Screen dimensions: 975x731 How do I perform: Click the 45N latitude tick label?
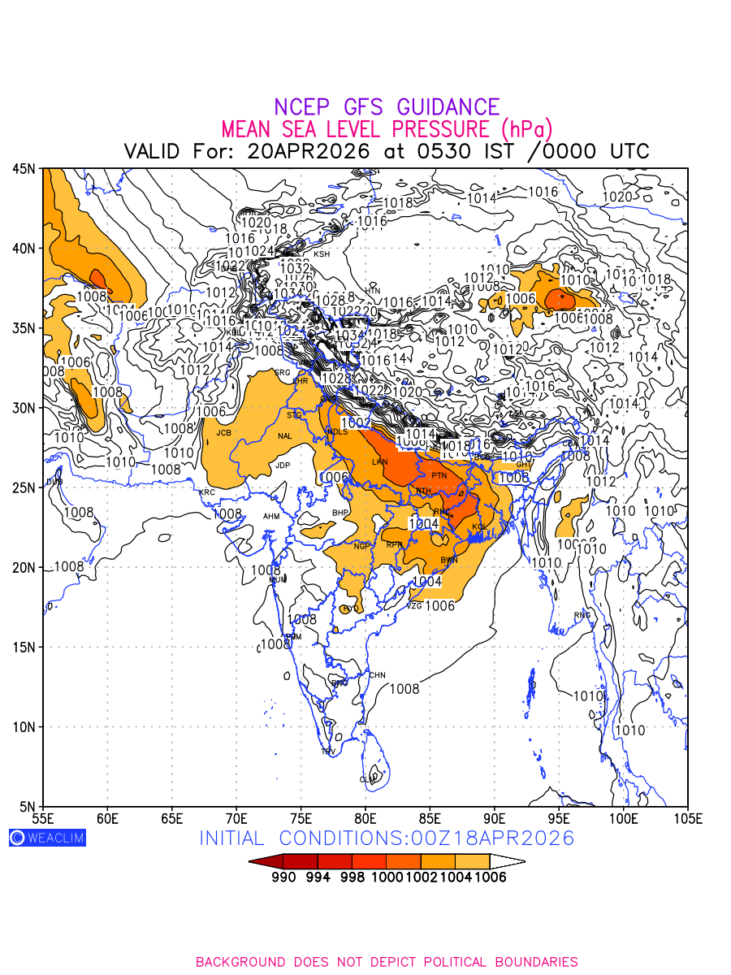(x=23, y=168)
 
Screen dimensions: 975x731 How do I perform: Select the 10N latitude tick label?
(x=23, y=726)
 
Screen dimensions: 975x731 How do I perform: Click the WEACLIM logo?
(x=47, y=838)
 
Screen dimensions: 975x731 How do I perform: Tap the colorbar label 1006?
(x=490, y=877)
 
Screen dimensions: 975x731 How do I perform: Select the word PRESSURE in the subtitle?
(x=439, y=129)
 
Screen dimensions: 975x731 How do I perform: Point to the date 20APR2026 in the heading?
(x=309, y=151)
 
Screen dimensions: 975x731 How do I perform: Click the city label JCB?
(x=223, y=433)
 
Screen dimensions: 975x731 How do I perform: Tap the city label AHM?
(x=271, y=517)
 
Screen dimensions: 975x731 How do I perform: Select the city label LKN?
(x=379, y=462)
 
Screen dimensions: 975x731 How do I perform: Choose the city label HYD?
(x=351, y=609)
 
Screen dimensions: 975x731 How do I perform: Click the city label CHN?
(x=378, y=675)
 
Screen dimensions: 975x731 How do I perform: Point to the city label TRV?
(x=328, y=752)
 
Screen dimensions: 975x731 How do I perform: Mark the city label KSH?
(x=322, y=254)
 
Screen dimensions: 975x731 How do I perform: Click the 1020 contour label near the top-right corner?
(x=617, y=197)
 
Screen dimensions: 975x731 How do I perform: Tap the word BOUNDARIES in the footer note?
(x=531, y=962)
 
